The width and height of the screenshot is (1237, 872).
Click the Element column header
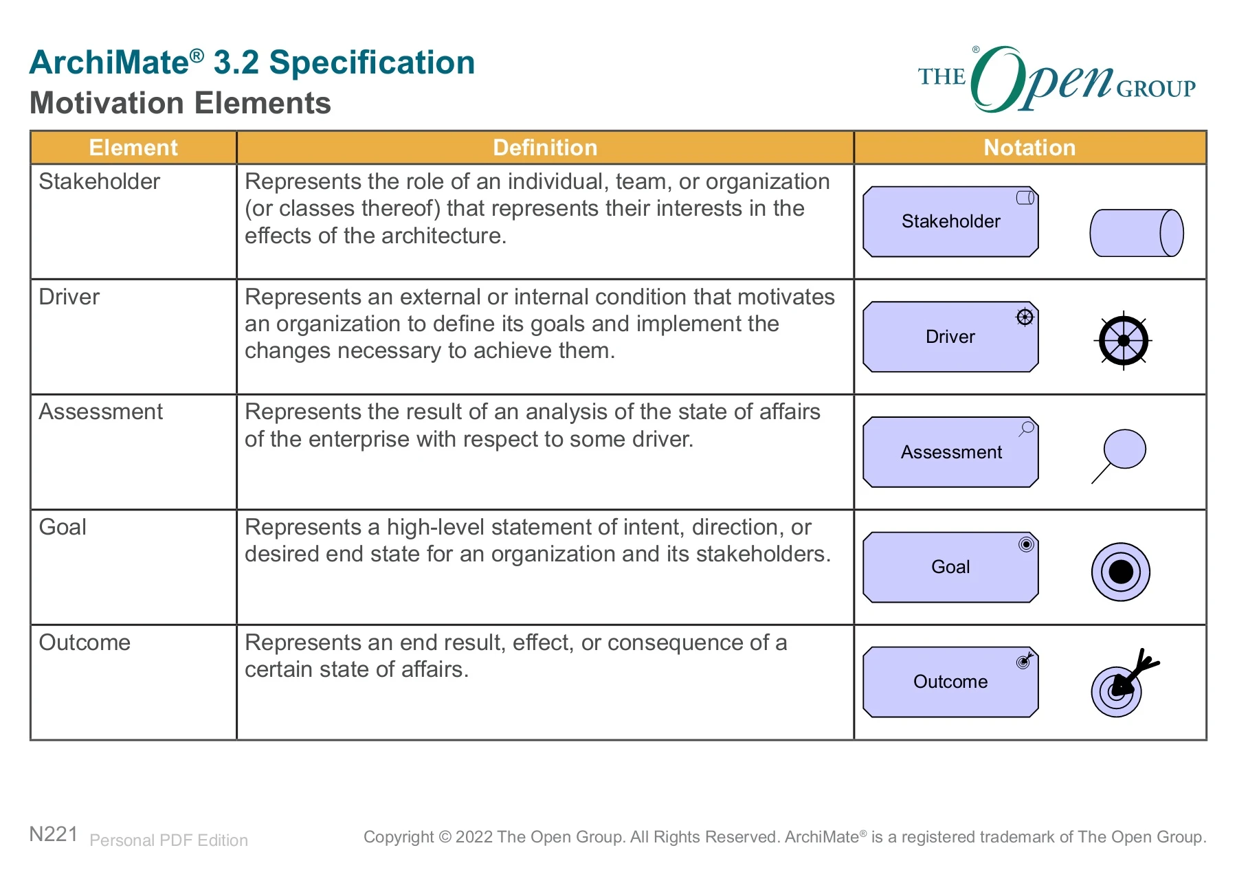(133, 148)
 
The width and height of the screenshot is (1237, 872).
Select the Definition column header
(545, 148)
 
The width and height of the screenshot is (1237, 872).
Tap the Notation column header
(1029, 148)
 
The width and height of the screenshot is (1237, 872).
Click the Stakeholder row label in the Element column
(99, 181)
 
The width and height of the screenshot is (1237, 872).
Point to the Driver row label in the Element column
(69, 297)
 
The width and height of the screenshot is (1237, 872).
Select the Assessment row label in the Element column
(100, 412)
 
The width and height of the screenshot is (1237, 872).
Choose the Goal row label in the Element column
(63, 527)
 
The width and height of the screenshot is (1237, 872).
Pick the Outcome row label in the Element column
(85, 642)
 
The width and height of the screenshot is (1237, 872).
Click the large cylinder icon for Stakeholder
(1137, 233)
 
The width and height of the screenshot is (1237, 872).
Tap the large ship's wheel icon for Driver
(1124, 340)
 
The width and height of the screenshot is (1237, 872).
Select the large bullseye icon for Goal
(1121, 572)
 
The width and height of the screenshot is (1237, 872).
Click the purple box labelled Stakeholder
(950, 221)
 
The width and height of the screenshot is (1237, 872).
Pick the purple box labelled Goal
(950, 567)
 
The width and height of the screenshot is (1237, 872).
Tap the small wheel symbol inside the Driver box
(1025, 317)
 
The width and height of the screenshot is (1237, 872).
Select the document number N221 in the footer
(54, 834)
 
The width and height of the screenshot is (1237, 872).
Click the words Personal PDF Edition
(168, 840)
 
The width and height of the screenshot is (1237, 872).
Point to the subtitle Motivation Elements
(180, 103)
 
